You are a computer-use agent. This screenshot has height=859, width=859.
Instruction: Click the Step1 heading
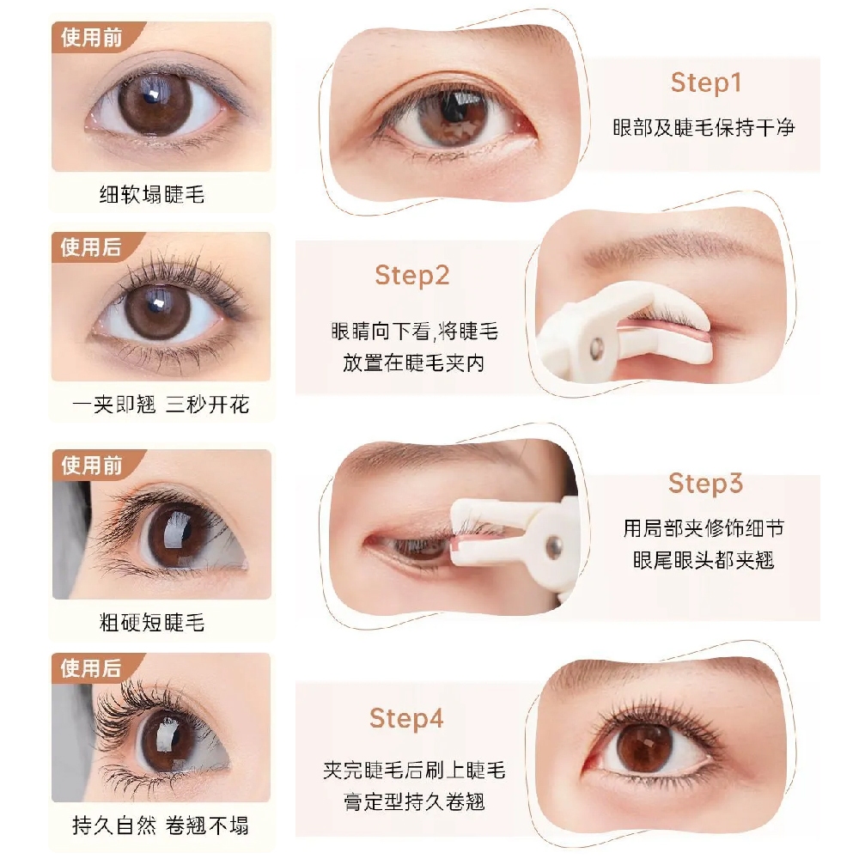tap(706, 82)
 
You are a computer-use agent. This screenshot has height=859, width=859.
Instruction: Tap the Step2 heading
tap(412, 275)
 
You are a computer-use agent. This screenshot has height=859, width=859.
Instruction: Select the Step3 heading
tap(705, 484)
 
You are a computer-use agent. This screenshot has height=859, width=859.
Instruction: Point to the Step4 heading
tap(406, 718)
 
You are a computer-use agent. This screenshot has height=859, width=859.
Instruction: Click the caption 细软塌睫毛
tap(152, 194)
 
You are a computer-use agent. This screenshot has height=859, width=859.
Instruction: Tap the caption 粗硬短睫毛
tap(152, 622)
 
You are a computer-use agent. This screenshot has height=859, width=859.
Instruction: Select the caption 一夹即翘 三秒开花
tap(161, 405)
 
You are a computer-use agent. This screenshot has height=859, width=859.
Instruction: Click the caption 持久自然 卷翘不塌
tap(161, 825)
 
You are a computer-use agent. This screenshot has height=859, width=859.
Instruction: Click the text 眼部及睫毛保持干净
tap(704, 128)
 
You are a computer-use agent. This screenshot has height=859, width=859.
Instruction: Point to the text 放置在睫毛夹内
tap(414, 362)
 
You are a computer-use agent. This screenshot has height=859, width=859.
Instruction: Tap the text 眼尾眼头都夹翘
tap(704, 560)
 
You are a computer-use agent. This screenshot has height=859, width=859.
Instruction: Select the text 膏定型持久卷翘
tap(414, 802)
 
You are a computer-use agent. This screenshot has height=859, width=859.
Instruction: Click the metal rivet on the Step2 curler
tap(596, 346)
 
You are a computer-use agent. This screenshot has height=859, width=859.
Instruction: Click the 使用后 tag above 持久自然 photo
tap(91, 667)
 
